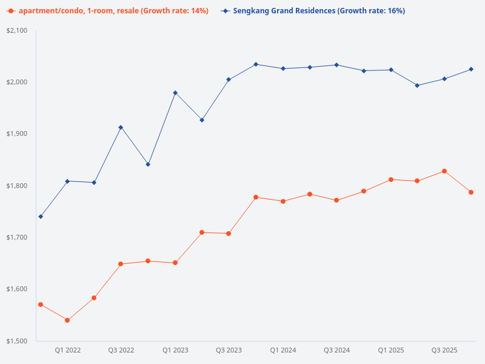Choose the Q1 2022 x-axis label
[x=68, y=350]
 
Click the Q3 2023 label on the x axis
[x=229, y=350]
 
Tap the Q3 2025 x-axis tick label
[x=444, y=350]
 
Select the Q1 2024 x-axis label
[x=283, y=350]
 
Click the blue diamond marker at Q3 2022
[x=121, y=127]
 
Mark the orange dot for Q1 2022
[x=67, y=320]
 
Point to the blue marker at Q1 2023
[x=175, y=93]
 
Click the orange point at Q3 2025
[x=444, y=171]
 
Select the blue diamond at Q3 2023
[x=229, y=79]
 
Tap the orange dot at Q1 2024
[x=283, y=201]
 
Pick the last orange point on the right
[x=471, y=192]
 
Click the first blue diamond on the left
[x=41, y=217]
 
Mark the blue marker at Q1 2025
[x=391, y=70]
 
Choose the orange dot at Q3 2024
[x=336, y=200]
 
